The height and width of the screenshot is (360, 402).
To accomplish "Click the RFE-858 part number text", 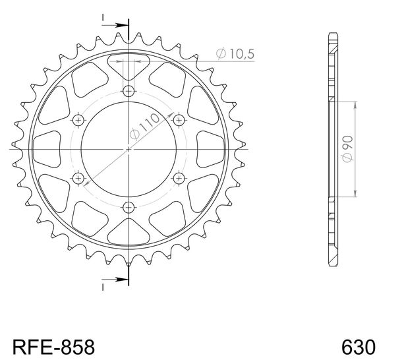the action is tap(53, 347).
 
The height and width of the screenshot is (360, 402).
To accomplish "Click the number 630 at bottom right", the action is tap(359, 347).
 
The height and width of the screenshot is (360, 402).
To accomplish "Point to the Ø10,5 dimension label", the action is tap(235, 53).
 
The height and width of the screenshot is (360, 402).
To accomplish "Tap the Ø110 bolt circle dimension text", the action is tap(144, 127).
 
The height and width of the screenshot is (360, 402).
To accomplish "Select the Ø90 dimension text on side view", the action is tap(348, 149).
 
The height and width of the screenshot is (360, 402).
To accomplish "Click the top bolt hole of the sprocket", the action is tap(129, 91).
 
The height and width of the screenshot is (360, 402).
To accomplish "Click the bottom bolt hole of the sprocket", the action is tap(129, 207).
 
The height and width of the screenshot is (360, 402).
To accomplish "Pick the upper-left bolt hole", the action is tap(78, 120).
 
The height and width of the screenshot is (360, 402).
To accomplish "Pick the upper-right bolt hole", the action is tap(179, 120).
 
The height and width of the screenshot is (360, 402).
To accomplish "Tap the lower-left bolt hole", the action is tap(78, 178).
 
